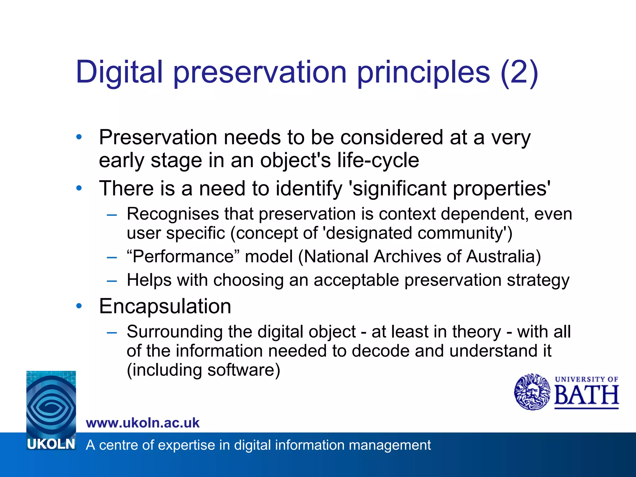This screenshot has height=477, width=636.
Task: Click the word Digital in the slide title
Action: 119,72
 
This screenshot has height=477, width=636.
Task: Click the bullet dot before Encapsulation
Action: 79,306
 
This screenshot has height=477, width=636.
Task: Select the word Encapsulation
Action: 165,307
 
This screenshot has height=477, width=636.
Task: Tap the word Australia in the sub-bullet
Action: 503,257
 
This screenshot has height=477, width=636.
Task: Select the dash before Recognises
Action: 112,215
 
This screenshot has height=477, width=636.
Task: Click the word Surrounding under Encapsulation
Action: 174,332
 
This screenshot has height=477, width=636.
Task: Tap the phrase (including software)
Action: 203,370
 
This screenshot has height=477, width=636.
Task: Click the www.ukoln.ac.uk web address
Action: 143,423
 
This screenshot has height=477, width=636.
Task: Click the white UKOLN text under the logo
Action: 51,444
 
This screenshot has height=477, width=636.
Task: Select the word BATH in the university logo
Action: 586,395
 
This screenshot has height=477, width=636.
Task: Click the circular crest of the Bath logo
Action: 532,392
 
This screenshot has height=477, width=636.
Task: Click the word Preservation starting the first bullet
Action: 158,137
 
